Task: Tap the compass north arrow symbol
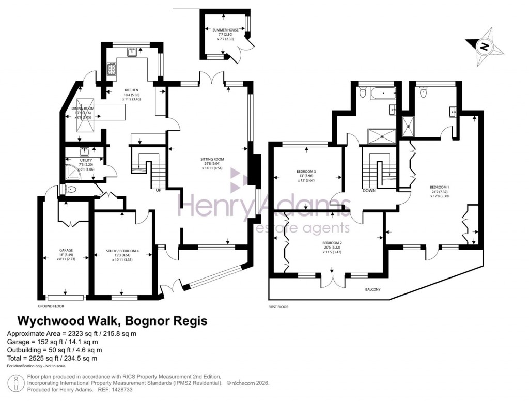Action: (485, 47)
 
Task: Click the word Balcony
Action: (372, 289)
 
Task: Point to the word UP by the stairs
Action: (159, 190)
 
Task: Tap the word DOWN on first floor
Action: (369, 191)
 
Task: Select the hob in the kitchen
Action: (111, 68)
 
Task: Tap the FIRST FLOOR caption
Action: (278, 307)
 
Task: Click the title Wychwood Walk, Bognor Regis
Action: (113, 321)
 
